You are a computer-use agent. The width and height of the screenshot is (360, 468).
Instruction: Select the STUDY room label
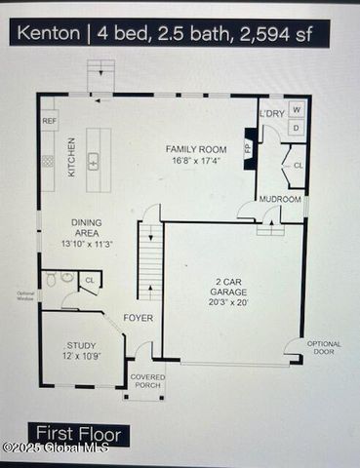coord(81,346)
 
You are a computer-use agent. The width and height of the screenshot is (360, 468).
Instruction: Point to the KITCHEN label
coord(71,156)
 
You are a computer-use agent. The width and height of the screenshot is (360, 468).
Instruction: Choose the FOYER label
coord(138,319)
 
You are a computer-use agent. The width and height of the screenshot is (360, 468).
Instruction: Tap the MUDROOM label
coord(280,200)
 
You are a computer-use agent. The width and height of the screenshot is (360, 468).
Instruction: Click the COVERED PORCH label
coord(147,380)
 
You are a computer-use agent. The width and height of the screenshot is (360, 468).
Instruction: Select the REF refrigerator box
coord(49,120)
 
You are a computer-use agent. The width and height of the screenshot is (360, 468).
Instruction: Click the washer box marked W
coord(297,110)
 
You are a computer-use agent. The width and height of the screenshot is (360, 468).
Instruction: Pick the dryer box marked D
coord(297,128)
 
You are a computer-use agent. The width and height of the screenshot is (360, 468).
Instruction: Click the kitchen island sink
coord(95,161)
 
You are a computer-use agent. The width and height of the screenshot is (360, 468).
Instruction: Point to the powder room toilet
coord(67,279)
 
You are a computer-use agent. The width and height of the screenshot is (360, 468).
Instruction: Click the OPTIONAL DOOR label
coord(325,347)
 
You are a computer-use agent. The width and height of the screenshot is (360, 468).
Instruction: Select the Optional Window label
coord(24,296)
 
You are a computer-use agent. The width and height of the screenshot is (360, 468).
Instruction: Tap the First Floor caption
coord(78,433)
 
